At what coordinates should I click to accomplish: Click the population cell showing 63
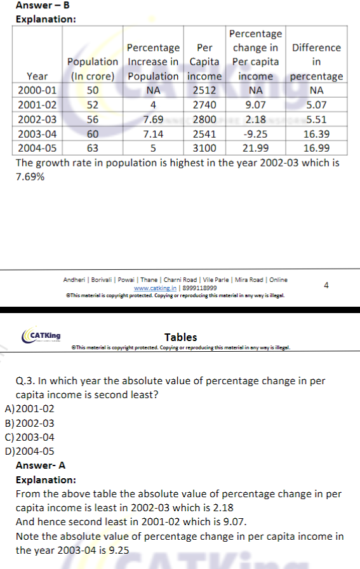pyautogui.click(x=93, y=148)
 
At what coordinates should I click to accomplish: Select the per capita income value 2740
pyautogui.click(x=204, y=105)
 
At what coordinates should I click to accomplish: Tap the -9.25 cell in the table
pyautogui.click(x=255, y=134)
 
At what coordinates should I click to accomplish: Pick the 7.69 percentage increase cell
pyautogui.click(x=153, y=119)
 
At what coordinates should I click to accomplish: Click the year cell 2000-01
pyautogui.click(x=37, y=90)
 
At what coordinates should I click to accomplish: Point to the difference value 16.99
pyautogui.click(x=316, y=148)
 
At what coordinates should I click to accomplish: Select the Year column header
pyautogui.click(x=37, y=76)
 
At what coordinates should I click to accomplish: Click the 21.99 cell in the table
pyautogui.click(x=255, y=148)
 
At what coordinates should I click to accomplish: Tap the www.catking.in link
pyautogui.click(x=155, y=288)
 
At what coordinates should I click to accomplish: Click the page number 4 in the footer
pyautogui.click(x=326, y=286)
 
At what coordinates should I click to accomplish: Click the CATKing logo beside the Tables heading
pyautogui.click(x=41, y=335)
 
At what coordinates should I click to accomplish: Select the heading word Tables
pyautogui.click(x=181, y=337)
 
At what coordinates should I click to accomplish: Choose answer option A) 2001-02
pyautogui.click(x=29, y=409)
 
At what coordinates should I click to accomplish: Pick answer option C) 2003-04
pyautogui.click(x=29, y=438)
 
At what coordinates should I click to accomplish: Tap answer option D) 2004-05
pyautogui.click(x=29, y=452)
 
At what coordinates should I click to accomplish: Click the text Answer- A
pyautogui.click(x=41, y=465)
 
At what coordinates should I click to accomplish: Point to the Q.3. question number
pyautogui.click(x=25, y=381)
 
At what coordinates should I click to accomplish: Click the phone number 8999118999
pyautogui.click(x=199, y=288)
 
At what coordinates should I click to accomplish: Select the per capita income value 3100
pyautogui.click(x=204, y=148)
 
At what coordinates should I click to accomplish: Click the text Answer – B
pyautogui.click(x=43, y=5)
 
